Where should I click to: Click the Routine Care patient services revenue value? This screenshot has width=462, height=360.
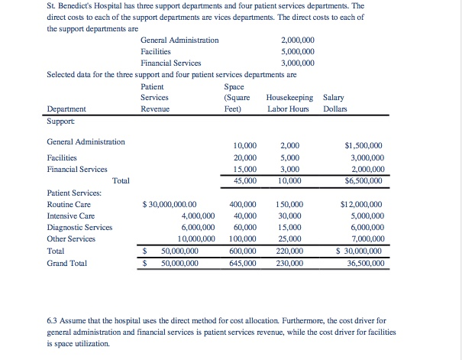[x=170, y=204]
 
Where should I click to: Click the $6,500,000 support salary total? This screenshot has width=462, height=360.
[x=363, y=180]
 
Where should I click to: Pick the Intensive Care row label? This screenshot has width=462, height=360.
[x=71, y=216]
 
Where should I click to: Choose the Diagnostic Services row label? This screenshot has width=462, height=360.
[x=79, y=227]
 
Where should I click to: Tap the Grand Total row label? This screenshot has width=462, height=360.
[x=66, y=262]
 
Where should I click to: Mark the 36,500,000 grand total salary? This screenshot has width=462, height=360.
[x=365, y=262]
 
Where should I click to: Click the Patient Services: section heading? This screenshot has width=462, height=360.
[x=77, y=193]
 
